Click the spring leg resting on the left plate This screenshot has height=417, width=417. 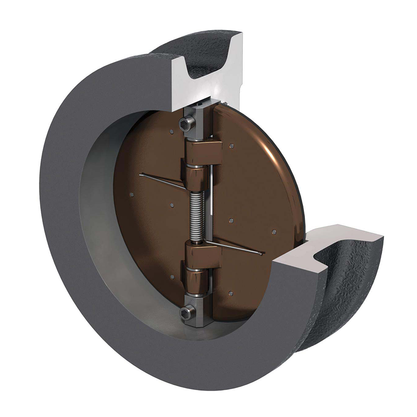(162, 181)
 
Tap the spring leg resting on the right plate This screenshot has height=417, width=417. (236, 248)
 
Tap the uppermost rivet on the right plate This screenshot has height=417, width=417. (232, 146)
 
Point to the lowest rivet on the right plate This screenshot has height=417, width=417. (230, 293)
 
